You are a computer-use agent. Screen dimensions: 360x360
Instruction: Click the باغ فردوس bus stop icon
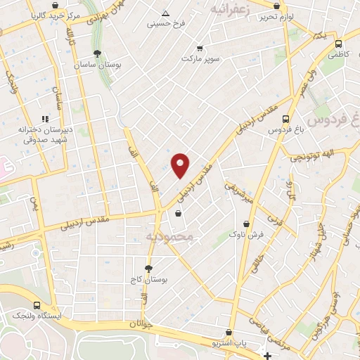pyautogui.click(x=285, y=119)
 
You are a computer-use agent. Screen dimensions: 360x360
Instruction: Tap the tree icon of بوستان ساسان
pyautogui.click(x=96, y=53)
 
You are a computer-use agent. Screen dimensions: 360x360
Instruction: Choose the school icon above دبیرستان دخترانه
pyautogui.click(x=44, y=120)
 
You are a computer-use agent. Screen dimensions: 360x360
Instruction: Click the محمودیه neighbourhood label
pyautogui.click(x=169, y=237)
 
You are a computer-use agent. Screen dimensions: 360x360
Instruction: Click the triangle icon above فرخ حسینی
pyautogui.click(x=165, y=13)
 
